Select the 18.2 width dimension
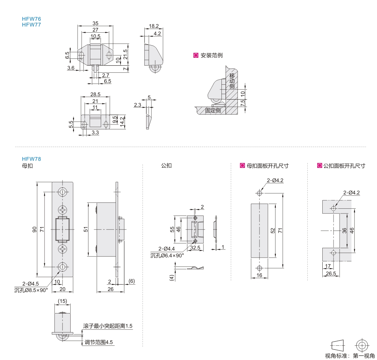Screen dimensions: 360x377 click(154, 26)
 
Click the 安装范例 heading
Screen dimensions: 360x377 click(211, 55)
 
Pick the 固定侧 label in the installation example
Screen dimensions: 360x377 click(213, 110)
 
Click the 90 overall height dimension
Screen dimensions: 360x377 click(34, 229)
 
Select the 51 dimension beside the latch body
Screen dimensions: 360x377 click(86, 229)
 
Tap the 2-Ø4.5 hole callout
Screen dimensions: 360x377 click(31, 284)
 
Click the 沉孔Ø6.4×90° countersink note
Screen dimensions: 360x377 click(167, 255)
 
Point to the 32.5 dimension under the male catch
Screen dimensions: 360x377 click(195, 248)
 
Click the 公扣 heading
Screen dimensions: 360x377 click(166, 166)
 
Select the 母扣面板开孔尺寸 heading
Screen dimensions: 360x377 click(269, 166)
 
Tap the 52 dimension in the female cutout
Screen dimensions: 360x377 click(273, 230)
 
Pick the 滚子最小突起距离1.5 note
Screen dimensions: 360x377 click(108, 326)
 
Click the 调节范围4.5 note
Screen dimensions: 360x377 click(99, 342)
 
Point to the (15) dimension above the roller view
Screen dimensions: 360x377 click(62, 301)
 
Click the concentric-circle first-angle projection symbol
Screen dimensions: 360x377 click(361, 345)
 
